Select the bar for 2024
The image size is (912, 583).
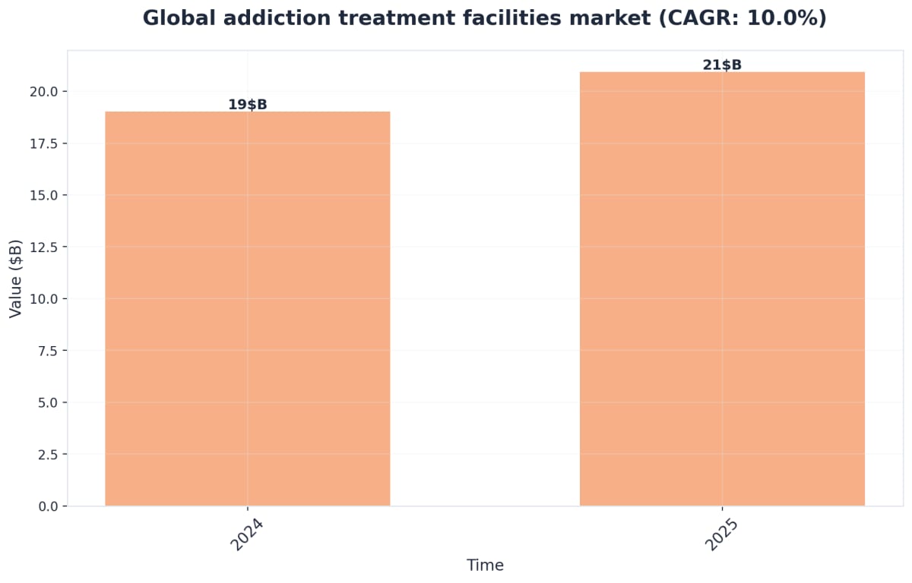pos(247,308)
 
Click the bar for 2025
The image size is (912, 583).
pos(722,288)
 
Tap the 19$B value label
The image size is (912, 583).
pos(247,105)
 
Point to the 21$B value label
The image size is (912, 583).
pos(722,65)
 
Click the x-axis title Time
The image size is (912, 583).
pos(485,566)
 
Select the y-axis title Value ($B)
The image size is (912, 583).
pos(16,278)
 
